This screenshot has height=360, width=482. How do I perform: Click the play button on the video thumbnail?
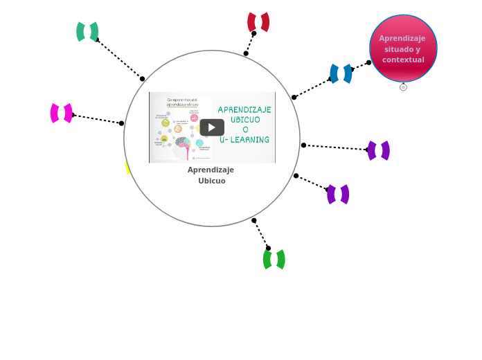point(212,127)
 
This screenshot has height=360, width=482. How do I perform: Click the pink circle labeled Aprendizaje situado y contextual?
point(403,48)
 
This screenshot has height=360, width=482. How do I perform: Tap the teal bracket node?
point(87,32)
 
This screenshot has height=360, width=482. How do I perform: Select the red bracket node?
point(258,22)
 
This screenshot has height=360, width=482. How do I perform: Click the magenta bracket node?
point(62,113)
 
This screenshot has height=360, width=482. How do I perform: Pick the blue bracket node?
point(341,73)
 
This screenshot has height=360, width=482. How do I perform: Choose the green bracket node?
point(274,260)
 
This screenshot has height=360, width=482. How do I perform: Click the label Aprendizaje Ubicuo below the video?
point(211,175)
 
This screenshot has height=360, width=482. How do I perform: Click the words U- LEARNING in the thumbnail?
point(244,140)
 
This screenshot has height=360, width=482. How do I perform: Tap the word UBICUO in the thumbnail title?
point(245,120)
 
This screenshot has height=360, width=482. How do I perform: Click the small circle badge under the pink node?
point(403,87)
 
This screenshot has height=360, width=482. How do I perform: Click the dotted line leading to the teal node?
point(119,59)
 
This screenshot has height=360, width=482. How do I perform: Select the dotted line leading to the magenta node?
point(97,119)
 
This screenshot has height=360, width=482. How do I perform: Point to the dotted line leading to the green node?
point(261,234)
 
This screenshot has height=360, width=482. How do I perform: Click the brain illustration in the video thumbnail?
point(181,143)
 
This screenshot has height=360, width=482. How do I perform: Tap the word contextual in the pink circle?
point(403,60)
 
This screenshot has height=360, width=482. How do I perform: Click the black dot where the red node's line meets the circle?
point(246,53)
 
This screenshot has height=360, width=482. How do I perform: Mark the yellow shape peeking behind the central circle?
point(127,167)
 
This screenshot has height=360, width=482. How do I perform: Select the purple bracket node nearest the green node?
point(338,195)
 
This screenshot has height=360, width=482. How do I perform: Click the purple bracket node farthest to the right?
point(379,150)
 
